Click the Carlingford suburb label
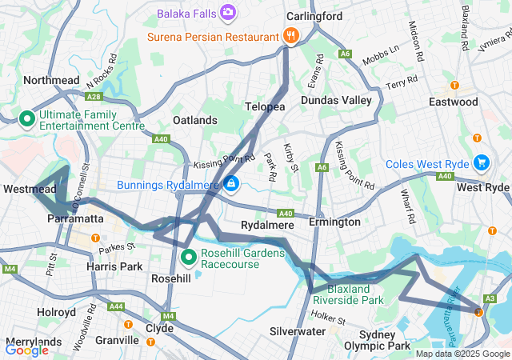314,16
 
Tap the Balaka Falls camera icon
229,13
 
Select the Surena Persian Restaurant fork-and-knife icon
290,36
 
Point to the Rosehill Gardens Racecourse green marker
189,257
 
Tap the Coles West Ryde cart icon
481,162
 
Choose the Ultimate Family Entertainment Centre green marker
26,119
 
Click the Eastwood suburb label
475,102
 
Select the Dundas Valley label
336,100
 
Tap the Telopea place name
265,106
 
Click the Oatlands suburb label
195,120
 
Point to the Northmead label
52,80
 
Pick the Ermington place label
334,222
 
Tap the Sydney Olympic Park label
384,339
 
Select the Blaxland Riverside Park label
348,294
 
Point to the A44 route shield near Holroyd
117,306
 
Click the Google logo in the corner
26,349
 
